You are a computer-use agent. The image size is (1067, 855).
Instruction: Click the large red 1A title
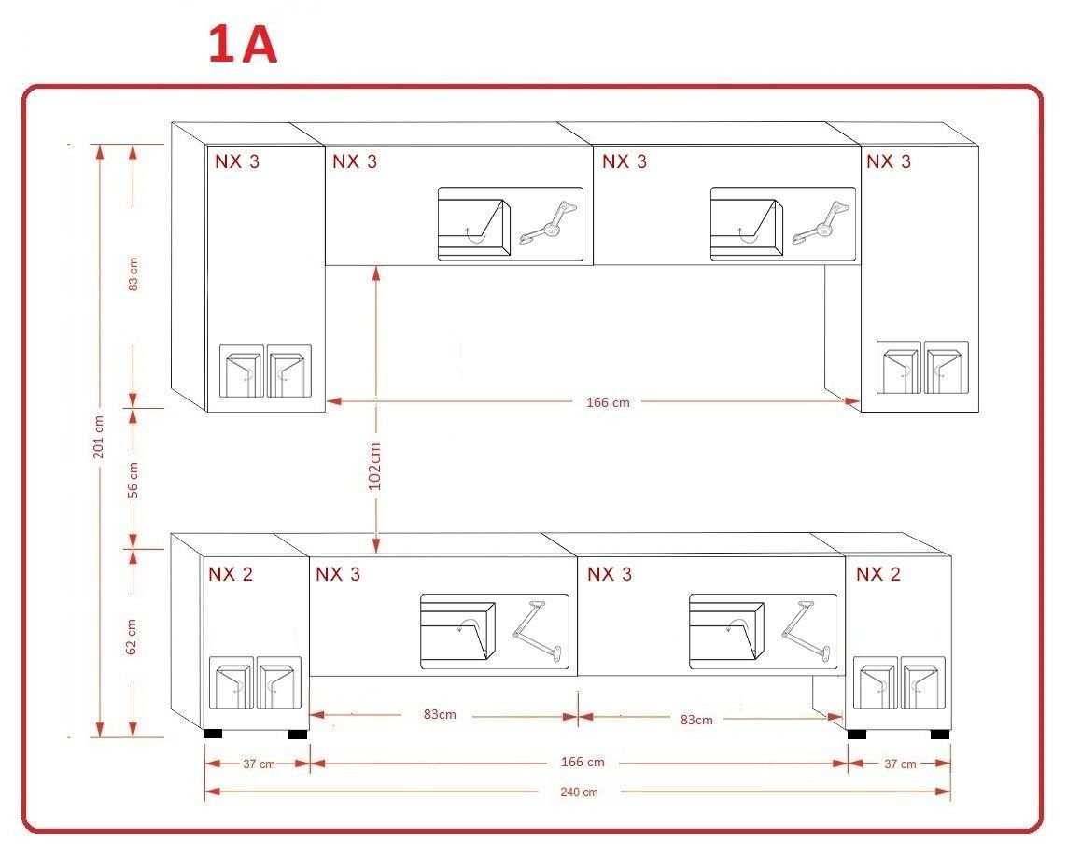pyautogui.click(x=243, y=45)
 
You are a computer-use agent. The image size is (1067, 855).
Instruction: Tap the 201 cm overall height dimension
pyautogui.click(x=99, y=437)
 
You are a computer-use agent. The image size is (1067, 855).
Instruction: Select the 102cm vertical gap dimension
pyautogui.click(x=374, y=466)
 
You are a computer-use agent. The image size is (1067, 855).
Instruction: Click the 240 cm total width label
pyautogui.click(x=579, y=792)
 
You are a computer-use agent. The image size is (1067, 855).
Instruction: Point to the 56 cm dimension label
pyautogui.click(x=133, y=480)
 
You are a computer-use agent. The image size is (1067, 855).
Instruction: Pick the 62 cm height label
pyautogui.click(x=132, y=637)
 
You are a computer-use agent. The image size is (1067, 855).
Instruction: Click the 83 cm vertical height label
pyautogui.click(x=133, y=274)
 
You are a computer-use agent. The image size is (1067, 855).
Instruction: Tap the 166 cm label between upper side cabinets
pyautogui.click(x=608, y=402)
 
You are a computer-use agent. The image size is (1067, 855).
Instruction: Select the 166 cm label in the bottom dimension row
pyautogui.click(x=583, y=762)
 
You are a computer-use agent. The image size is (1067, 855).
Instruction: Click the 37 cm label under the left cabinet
pyautogui.click(x=260, y=764)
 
